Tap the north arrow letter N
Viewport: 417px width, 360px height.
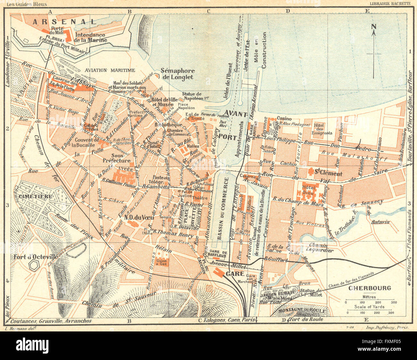(x=374, y=27)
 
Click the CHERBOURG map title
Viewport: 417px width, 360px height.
(x=370, y=288)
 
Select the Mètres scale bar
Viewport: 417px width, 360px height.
(x=370, y=302)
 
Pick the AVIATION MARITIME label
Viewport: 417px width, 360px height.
(x=110, y=70)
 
